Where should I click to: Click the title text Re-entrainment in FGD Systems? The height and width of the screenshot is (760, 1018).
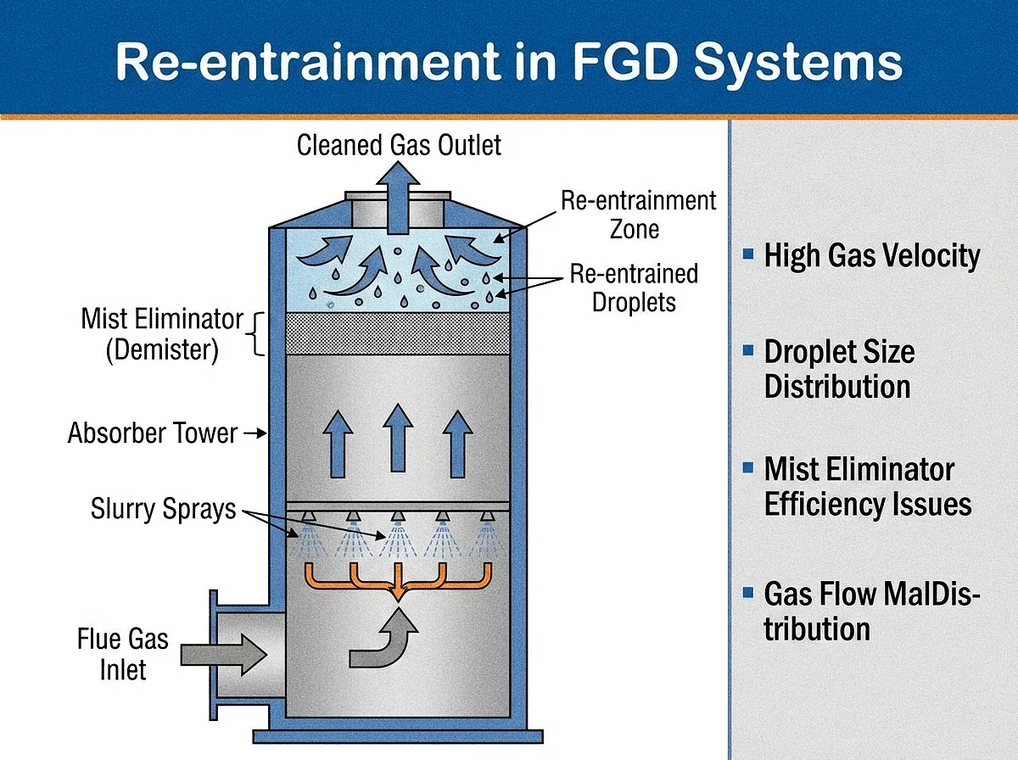509,64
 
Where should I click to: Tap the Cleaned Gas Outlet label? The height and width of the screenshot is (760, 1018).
399,145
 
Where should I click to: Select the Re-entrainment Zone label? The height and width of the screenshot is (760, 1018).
638,215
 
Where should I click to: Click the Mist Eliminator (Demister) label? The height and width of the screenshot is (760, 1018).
162,334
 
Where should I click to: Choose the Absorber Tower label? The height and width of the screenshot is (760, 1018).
153,433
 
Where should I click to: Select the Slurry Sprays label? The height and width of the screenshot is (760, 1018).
163,509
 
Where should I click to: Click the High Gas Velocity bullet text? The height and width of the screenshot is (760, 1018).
871,255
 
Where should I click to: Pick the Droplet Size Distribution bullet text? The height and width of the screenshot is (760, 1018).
838,369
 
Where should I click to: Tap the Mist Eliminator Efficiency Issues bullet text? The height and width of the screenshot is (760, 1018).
867,487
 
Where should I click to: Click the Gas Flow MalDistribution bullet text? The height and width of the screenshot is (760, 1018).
871,611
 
